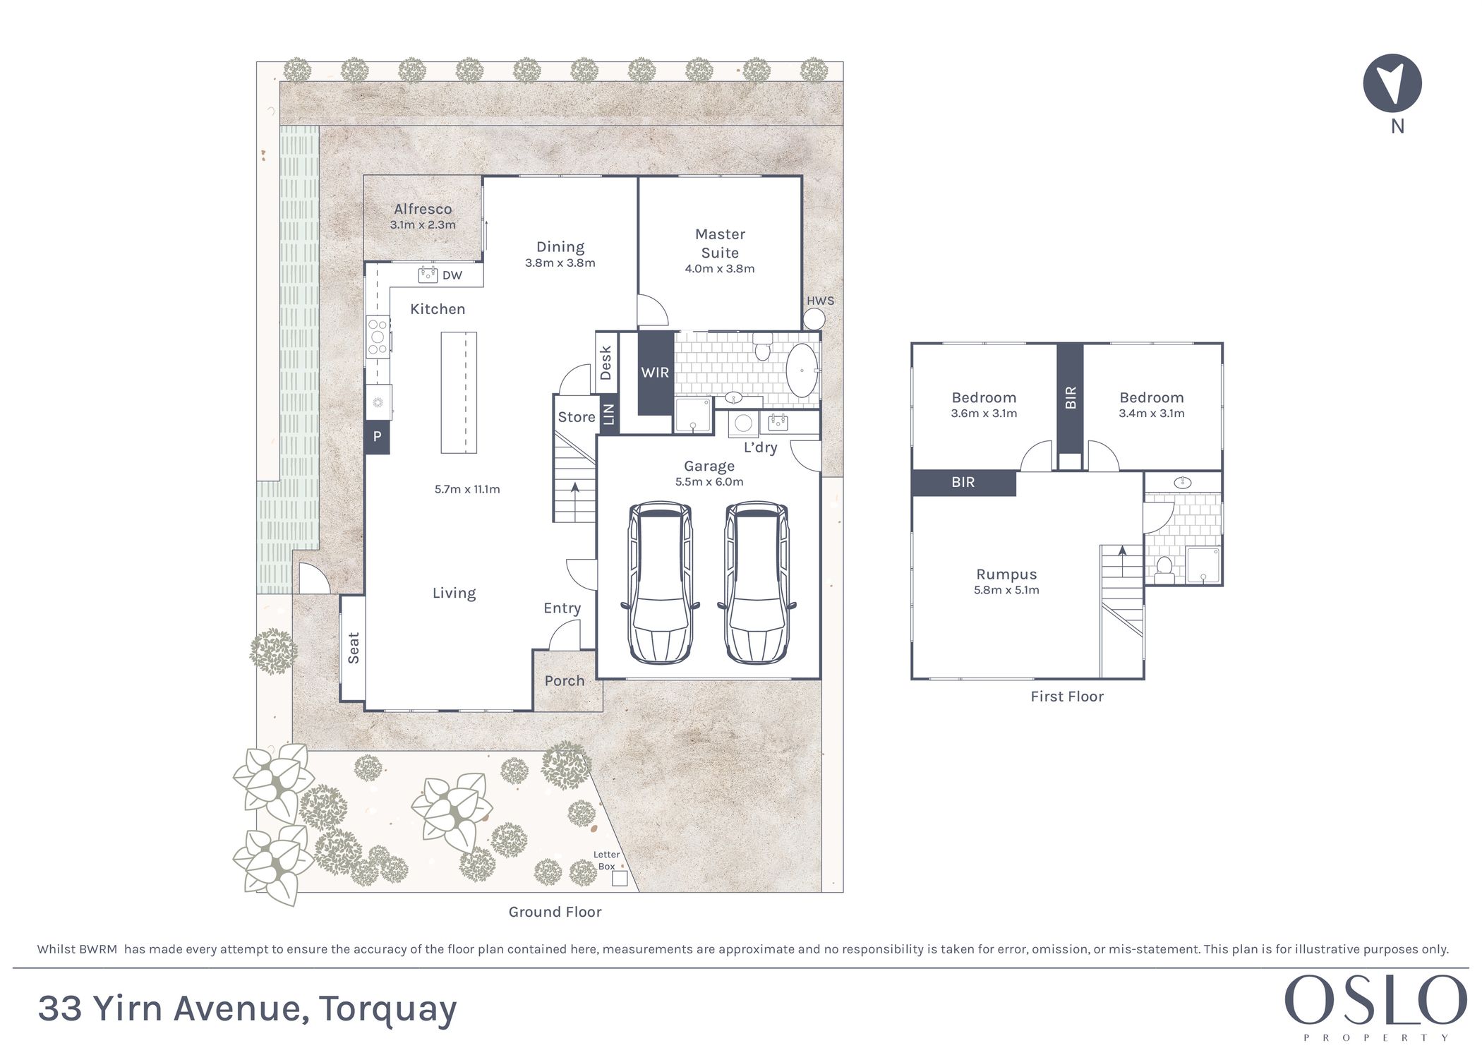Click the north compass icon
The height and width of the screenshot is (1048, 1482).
coord(1392,83)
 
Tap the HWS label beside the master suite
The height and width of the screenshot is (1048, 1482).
coord(820,301)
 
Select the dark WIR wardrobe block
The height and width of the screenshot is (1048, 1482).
coord(655,373)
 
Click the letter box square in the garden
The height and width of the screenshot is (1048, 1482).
coord(619,878)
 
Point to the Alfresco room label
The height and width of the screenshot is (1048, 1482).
coord(423,209)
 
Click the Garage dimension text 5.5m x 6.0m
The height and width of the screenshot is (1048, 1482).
coord(709,482)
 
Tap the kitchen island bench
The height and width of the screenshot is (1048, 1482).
coord(459,392)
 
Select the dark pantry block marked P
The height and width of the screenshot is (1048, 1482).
coord(377,437)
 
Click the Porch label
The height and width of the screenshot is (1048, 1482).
coord(565,681)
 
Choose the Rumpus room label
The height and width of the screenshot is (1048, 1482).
coord(1006,574)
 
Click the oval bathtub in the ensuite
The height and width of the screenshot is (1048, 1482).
coord(802,371)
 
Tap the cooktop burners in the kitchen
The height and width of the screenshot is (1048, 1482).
coord(378,337)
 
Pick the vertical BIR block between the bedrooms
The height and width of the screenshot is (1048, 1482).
coord(1070,397)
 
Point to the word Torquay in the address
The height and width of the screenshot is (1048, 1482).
coord(387,1009)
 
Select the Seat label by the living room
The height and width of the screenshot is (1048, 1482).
coord(354,648)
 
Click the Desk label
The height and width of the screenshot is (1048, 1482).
coord(606,363)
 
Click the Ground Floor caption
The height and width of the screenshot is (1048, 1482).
coord(555,912)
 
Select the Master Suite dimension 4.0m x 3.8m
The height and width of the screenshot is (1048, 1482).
coord(720,269)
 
